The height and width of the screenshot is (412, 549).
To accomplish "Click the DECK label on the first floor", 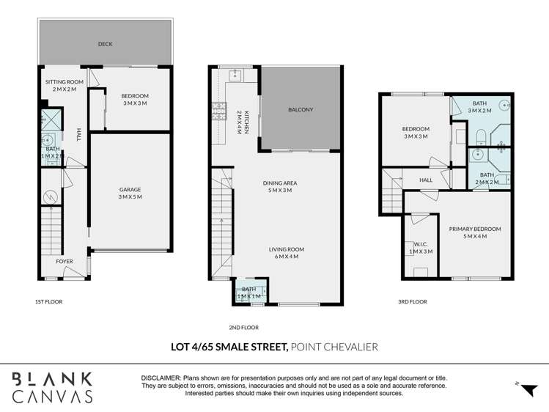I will click(x=106, y=44).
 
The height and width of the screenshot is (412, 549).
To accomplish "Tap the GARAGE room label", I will click(x=130, y=190).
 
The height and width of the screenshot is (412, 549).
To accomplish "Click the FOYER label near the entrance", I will click(x=65, y=261).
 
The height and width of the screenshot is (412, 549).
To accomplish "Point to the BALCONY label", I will click(x=301, y=110).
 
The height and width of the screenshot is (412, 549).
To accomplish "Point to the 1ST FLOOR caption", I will click(x=48, y=301).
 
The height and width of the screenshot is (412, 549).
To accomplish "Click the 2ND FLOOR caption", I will click(x=243, y=328).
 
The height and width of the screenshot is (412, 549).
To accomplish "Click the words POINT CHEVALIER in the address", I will click(x=334, y=347).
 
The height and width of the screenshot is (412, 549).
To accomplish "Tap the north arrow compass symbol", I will click(x=525, y=389).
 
